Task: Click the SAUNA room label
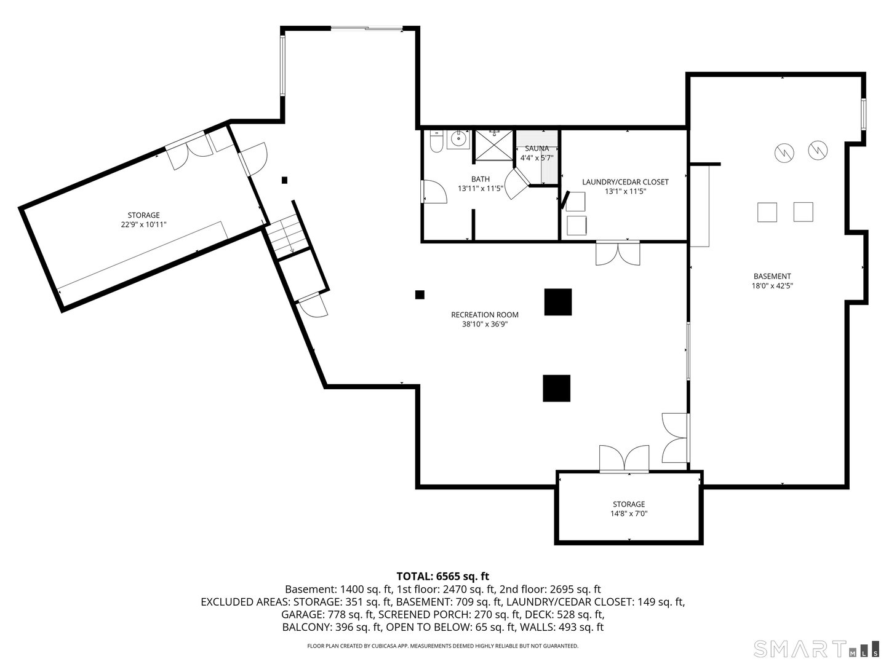coord(537,148)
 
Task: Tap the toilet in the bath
coord(436,142)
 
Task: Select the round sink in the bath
coord(458,140)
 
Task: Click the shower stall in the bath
coord(493,145)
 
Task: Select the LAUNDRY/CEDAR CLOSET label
coord(625,182)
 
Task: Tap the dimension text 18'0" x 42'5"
coord(772,285)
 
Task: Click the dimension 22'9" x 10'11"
coord(143,224)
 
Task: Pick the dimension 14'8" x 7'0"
coord(628,513)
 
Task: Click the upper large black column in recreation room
coord(557,302)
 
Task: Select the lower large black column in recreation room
coord(556,388)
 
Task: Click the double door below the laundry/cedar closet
coord(618,253)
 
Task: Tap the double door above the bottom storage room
coord(624,459)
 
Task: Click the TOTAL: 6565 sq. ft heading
coord(442,576)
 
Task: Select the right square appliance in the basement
coord(803,211)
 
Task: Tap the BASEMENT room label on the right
coord(772,276)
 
